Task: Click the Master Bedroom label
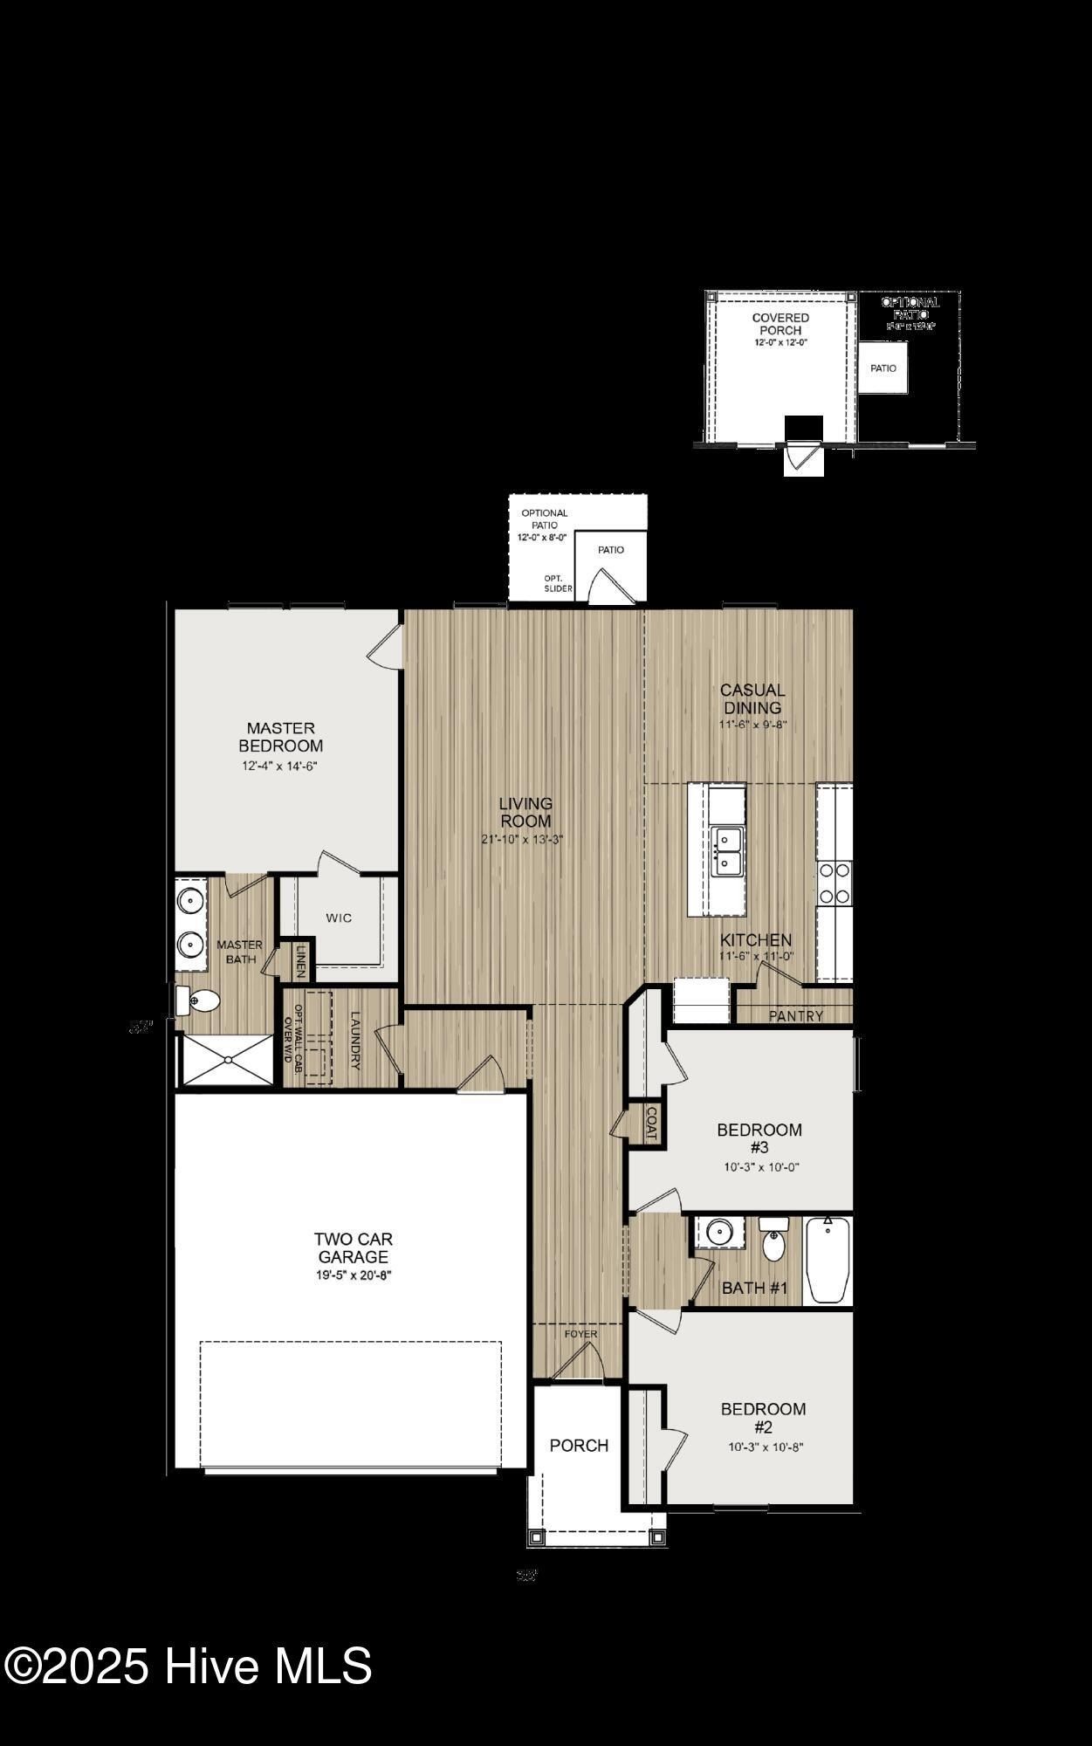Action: click(x=281, y=737)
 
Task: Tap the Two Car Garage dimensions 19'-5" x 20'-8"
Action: click(x=353, y=1275)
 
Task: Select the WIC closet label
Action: click(x=339, y=918)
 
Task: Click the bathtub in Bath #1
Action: click(x=827, y=1261)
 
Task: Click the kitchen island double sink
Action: click(x=726, y=851)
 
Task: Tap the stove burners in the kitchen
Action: click(x=834, y=883)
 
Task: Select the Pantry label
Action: click(x=796, y=1015)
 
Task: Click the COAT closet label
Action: click(x=650, y=1123)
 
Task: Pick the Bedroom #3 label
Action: click(x=759, y=1138)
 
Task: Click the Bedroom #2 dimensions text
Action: click(x=765, y=1447)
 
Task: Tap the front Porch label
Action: click(x=579, y=1446)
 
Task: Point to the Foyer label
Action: click(x=580, y=1334)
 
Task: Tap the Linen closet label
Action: click(x=301, y=961)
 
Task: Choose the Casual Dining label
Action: click(x=752, y=698)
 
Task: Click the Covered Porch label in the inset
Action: click(x=780, y=324)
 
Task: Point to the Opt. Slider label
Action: click(x=558, y=583)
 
